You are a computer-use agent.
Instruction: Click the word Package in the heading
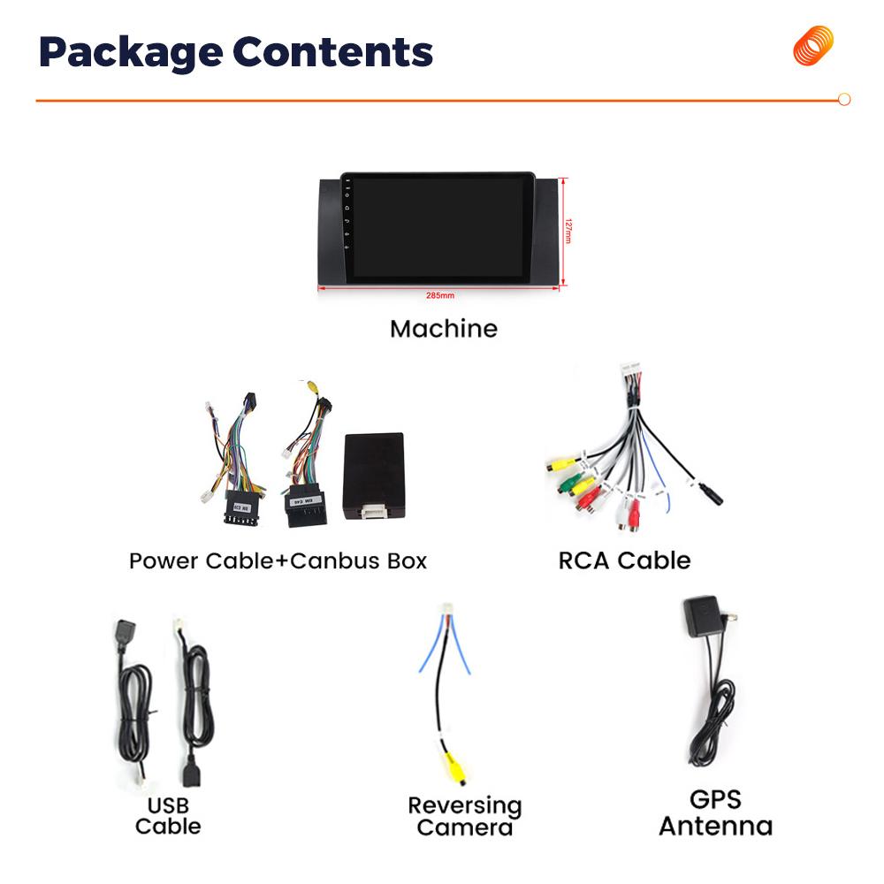129,53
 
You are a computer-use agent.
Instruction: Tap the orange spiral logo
812,46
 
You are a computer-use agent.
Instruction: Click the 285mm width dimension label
440,295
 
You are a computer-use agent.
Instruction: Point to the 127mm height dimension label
570,232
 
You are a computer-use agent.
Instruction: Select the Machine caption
443,329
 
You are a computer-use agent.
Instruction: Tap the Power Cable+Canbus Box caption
278,560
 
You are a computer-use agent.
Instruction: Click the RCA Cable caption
624,560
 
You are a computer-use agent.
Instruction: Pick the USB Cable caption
167,816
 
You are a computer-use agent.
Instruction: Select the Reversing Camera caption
464,817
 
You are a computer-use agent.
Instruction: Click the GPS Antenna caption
715,813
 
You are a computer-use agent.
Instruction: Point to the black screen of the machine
439,227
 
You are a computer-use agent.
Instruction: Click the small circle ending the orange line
844,100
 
